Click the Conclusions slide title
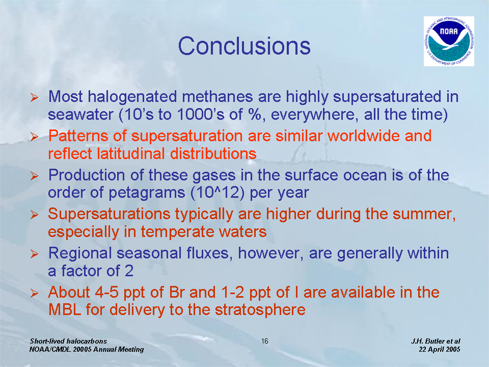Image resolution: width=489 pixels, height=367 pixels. coord(244,46)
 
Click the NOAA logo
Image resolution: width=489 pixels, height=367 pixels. coord(449,41)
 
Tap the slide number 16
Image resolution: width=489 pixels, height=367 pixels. coord(265,341)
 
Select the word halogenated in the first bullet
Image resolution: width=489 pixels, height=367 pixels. coord(132,97)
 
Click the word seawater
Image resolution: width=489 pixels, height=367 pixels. coord(80,115)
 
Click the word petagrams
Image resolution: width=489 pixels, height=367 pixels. coord(147,193)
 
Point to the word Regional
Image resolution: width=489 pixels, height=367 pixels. coord(80,253)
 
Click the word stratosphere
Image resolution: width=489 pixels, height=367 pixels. coord(260,309)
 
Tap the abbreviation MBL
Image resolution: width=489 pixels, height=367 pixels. coord(65,309)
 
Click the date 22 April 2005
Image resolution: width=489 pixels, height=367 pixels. coord(440,349)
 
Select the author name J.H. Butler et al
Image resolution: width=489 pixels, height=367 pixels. coord(436,341)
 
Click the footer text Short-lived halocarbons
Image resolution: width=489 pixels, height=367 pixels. coord(68,341)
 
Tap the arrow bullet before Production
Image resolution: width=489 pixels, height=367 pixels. coord(34,176)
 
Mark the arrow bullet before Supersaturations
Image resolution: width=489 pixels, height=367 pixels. coord(34,215)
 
